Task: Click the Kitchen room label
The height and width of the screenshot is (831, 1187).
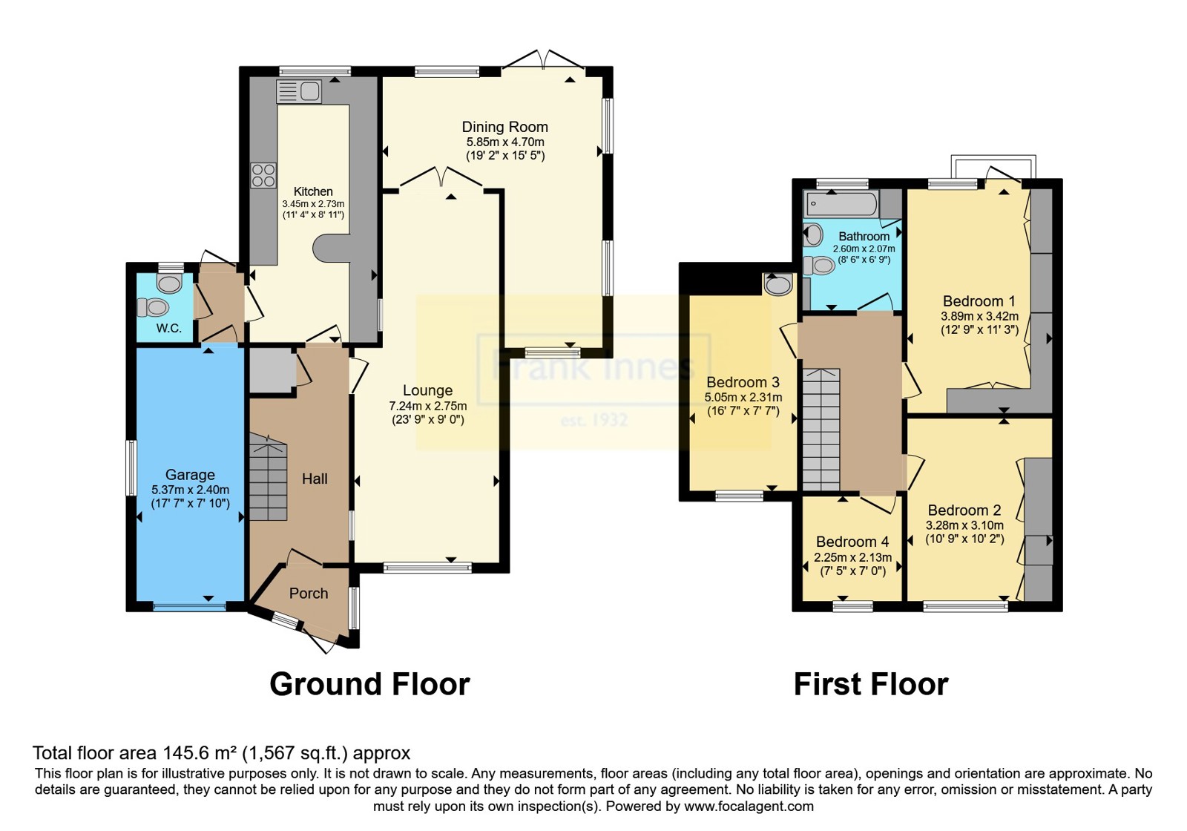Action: (313, 191)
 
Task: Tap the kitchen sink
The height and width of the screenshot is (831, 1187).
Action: (299, 91)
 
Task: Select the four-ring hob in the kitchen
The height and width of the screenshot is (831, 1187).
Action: (263, 175)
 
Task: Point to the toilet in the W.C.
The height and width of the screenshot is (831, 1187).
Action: (153, 307)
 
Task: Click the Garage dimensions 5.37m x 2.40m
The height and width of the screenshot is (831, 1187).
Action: (190, 490)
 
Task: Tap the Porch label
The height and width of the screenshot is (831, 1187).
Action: (309, 593)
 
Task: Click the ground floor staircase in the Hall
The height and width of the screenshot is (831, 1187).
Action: (268, 477)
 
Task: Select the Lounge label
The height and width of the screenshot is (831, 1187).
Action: (427, 390)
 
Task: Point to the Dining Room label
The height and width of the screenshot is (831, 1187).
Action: (505, 127)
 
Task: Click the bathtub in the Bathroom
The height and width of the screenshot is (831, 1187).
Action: (841, 204)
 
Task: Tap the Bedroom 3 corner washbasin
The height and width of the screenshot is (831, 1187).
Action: (778, 284)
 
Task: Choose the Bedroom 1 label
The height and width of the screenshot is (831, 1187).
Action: (979, 301)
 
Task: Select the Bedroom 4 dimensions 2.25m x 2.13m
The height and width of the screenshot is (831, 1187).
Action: (852, 557)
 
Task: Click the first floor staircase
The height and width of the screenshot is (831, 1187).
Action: (821, 430)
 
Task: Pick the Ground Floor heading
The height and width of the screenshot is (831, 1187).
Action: (370, 684)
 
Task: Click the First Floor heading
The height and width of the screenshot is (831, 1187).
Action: (871, 684)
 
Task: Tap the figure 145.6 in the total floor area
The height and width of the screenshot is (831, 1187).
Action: (183, 753)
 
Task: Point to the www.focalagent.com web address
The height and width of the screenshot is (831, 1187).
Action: (749, 807)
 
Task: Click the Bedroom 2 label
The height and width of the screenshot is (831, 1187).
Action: (964, 510)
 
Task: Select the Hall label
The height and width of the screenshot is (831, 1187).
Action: (315, 479)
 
